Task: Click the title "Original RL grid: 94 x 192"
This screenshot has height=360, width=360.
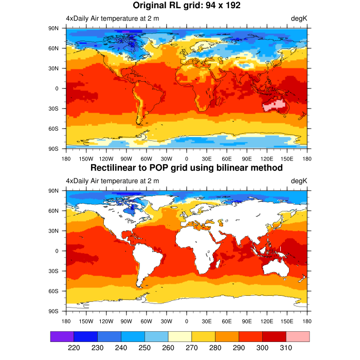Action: click(187, 6)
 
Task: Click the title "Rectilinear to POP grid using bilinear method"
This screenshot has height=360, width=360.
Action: click(187, 168)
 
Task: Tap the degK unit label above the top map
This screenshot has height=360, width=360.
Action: click(299, 19)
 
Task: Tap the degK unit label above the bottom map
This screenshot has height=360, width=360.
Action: click(299, 181)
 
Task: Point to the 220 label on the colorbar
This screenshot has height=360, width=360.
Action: click(74, 348)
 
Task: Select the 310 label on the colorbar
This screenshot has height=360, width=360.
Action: click(286, 348)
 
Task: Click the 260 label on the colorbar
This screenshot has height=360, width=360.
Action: click(168, 348)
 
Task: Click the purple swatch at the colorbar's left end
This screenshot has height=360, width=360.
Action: click(62, 336)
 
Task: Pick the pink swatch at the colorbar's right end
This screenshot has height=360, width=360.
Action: click(297, 336)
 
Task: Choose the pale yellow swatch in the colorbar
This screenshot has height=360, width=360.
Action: click(180, 336)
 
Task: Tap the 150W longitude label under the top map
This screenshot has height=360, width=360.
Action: click(86, 159)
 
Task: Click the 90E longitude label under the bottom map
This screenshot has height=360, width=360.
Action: click(247, 321)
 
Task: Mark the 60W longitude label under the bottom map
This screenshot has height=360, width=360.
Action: click(146, 321)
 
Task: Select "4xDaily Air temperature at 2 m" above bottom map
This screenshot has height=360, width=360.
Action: click(112, 181)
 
